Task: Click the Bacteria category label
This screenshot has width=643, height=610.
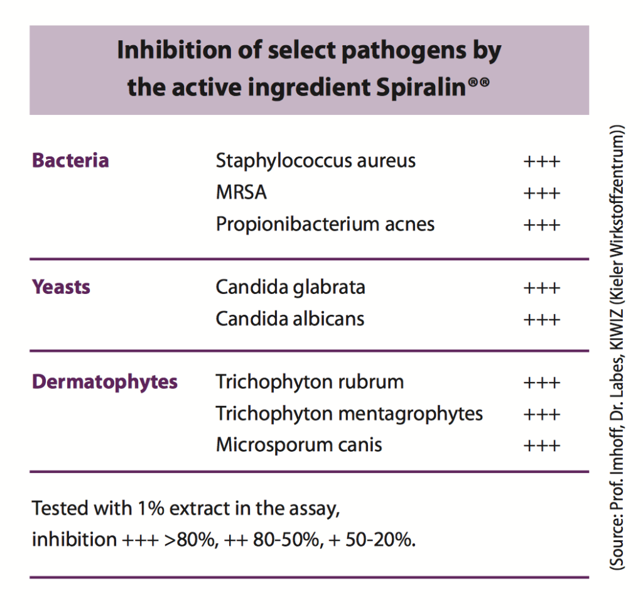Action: [70, 161]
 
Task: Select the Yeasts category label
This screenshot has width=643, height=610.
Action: [61, 288]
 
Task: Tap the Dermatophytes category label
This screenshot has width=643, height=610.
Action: [105, 382]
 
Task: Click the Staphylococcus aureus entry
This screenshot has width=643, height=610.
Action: [315, 161]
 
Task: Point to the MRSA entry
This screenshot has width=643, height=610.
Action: [241, 192]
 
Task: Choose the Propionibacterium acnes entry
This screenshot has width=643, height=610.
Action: [325, 224]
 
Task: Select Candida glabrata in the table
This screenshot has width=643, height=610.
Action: [290, 288]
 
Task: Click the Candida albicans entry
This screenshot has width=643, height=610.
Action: [289, 319]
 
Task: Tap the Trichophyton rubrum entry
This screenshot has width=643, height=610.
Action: [310, 382]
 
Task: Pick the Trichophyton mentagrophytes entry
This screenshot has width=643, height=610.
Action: [349, 414]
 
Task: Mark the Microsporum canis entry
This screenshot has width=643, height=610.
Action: [299, 445]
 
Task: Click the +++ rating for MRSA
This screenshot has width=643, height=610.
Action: [541, 193]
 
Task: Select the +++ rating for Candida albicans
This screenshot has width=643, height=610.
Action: [541, 320]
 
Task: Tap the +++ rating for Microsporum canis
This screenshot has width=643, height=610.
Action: [541, 446]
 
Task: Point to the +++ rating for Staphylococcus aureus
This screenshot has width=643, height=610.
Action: [541, 161]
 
